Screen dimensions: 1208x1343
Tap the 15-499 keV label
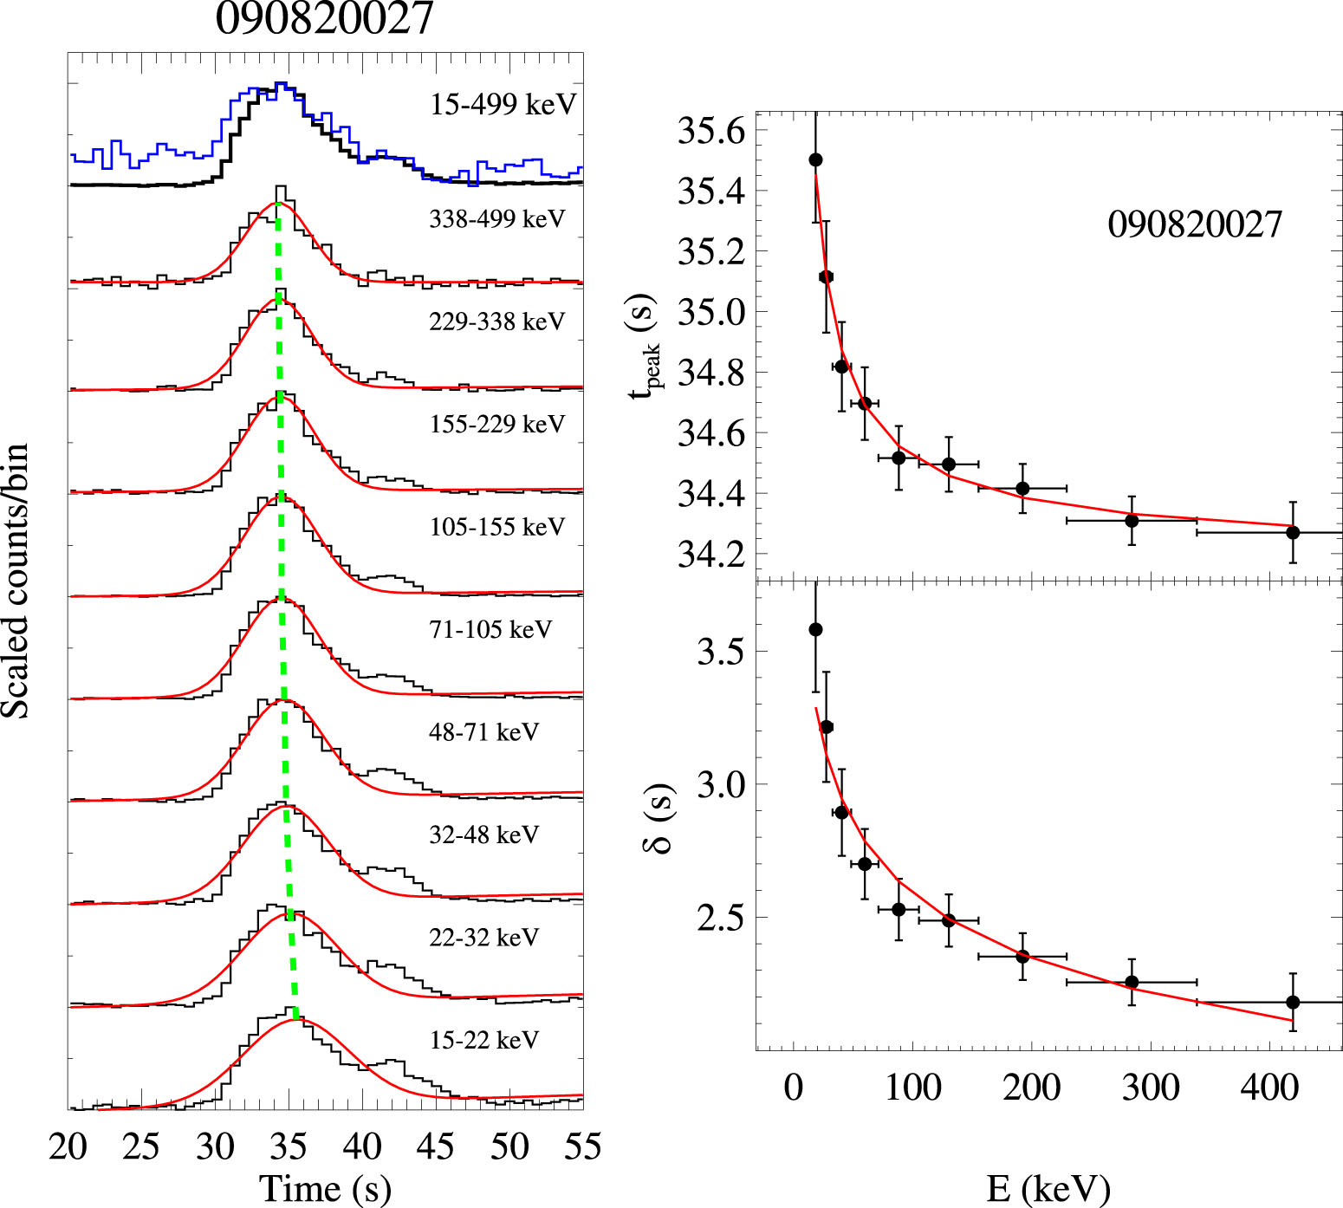coord(503,105)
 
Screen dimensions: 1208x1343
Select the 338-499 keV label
coord(496,219)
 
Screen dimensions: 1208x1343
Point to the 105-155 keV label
coord(496,527)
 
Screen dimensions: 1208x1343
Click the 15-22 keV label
coord(483,1040)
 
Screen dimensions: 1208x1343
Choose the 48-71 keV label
coord(483,732)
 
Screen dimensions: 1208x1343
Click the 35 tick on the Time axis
coord(289,1147)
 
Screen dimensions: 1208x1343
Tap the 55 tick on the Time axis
coord(582,1147)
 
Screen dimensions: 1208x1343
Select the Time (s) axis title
coord(325,1189)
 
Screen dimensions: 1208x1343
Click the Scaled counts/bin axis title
coord(16,581)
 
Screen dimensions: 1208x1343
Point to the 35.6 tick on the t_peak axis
coord(710,131)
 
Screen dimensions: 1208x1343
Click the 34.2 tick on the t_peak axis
coord(710,555)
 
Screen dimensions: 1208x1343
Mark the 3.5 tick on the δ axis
coord(720,652)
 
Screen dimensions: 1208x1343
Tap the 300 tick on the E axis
coord(1151,1087)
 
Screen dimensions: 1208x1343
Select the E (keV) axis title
coord(1048,1189)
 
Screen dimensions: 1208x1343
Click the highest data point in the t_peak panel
coord(815,159)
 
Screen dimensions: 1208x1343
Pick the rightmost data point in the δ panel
coord(1293,1002)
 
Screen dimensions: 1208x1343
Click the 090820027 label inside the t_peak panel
coord(1194,225)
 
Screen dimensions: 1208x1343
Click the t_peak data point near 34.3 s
coord(1132,520)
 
